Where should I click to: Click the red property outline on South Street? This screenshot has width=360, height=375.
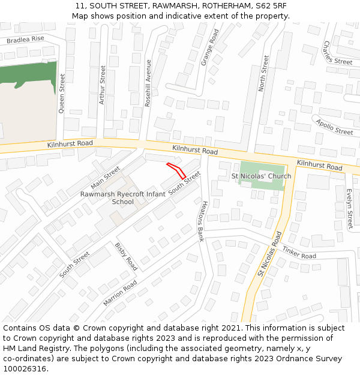coord(177,170)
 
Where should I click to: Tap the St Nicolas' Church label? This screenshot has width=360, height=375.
coord(261,176)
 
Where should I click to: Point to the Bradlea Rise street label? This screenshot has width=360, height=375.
coord(25,40)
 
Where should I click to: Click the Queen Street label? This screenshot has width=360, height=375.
coord(62,94)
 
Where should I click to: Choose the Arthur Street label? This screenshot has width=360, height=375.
coord(103,85)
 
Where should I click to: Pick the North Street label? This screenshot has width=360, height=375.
coord(263,73)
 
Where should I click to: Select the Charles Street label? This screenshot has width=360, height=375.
coord(337,54)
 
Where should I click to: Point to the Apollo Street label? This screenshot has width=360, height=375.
coord(335,127)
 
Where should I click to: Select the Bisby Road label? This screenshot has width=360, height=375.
coord(127,256)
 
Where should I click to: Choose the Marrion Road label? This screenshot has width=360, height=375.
coord(119,293)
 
